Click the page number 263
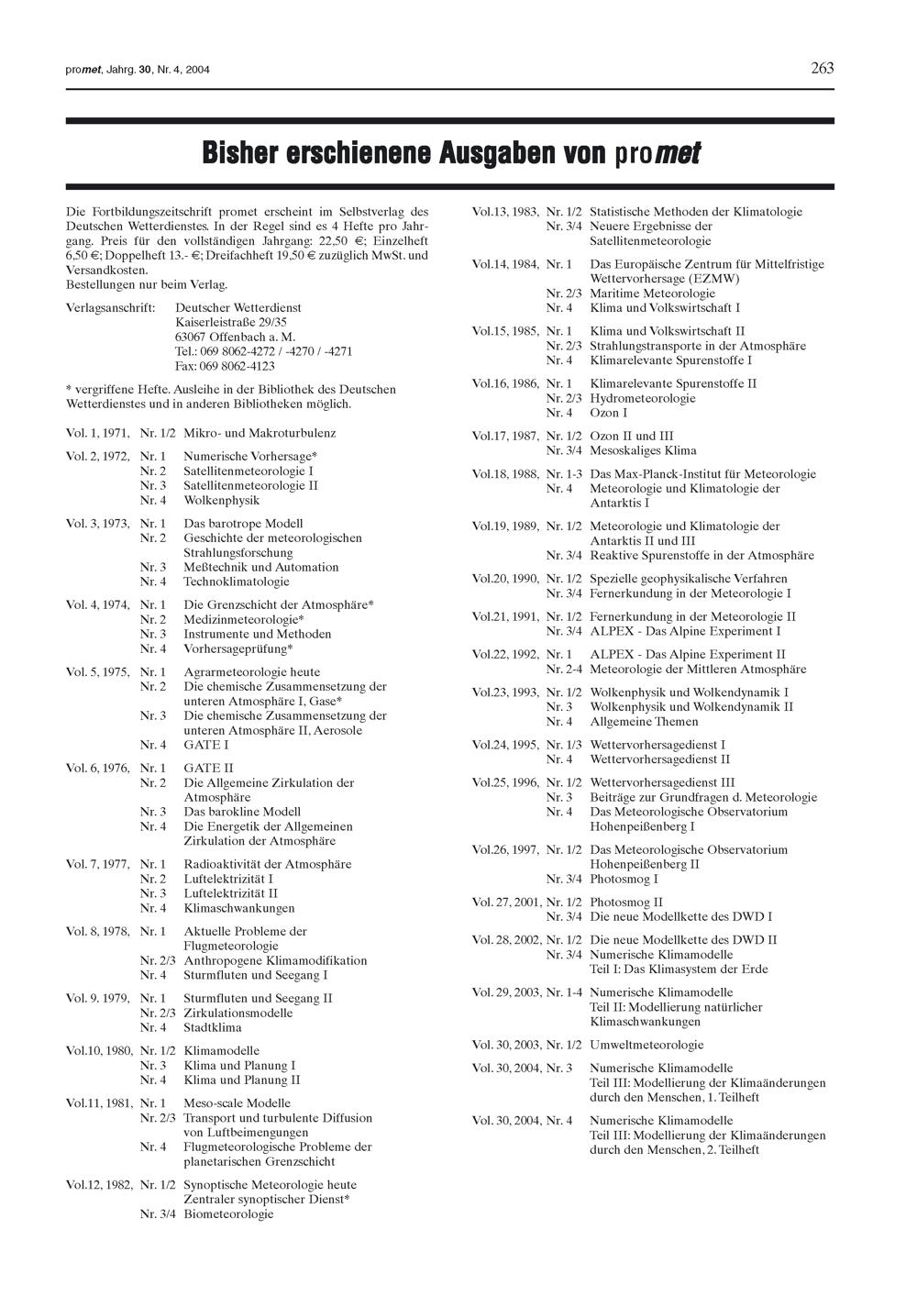click(822, 68)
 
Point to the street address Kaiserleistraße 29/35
click(231, 322)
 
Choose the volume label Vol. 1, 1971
click(98, 433)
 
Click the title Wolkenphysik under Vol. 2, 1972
click(222, 500)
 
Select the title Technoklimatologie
click(237, 582)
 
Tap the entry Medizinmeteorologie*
click(244, 619)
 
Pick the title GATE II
click(208, 768)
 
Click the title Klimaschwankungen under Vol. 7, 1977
click(239, 908)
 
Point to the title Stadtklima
click(213, 1027)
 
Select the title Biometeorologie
click(228, 1213)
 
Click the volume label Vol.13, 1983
click(505, 212)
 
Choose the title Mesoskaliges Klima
click(643, 450)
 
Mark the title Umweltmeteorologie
click(646, 1045)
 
